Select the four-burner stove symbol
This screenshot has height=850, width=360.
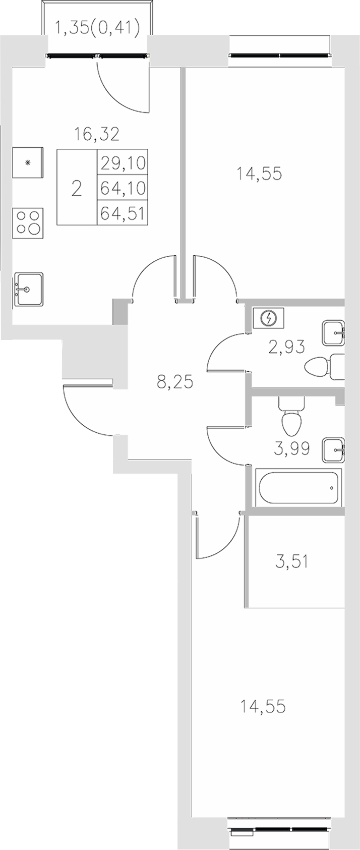[x=28, y=222]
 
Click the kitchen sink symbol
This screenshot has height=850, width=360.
[x=28, y=289]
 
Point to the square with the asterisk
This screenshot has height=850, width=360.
[x=28, y=162]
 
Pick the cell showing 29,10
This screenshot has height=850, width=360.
[x=123, y=162]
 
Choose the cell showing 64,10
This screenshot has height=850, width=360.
[x=123, y=188]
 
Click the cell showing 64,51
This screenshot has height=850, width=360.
[x=123, y=213]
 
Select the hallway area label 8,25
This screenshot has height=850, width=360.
[x=175, y=382]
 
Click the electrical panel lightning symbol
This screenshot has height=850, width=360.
[x=271, y=318]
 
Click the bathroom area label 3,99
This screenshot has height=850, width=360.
[x=291, y=447]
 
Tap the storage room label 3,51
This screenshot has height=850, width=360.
[x=291, y=561]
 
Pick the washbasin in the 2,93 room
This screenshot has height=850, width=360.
[x=333, y=333]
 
